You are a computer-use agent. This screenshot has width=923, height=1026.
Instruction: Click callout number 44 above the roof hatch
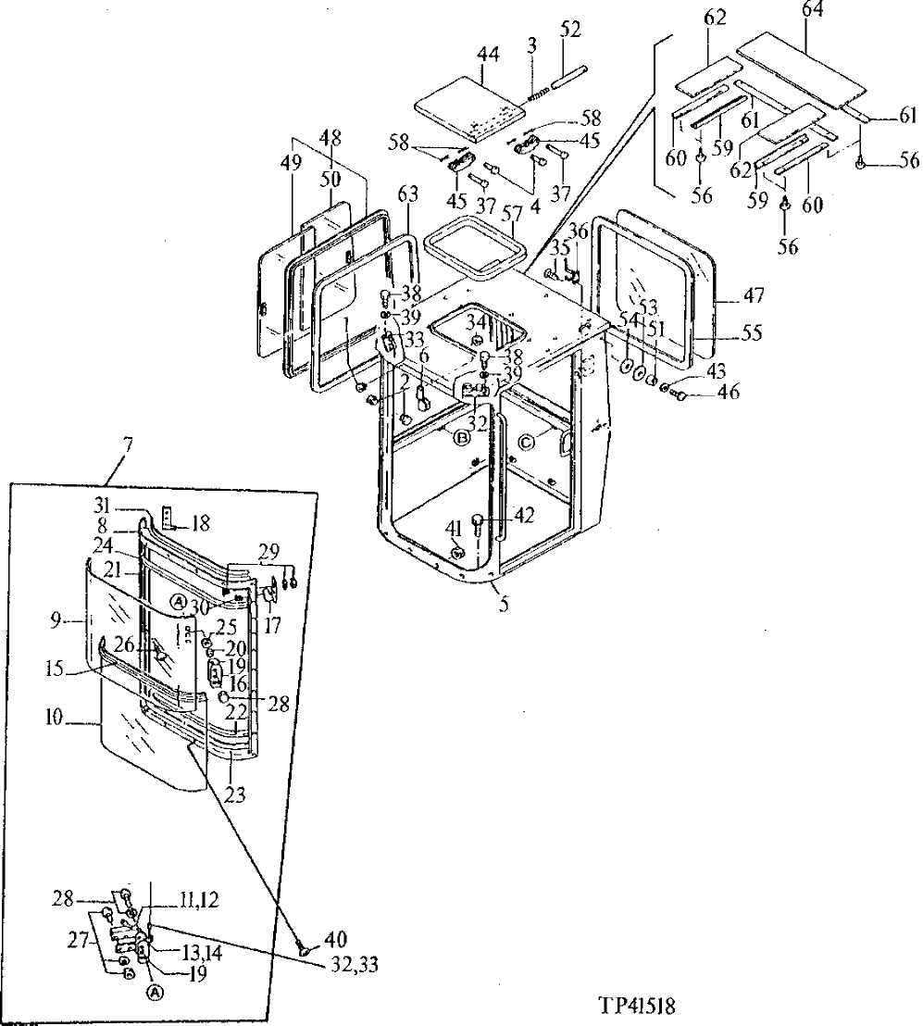point(488,56)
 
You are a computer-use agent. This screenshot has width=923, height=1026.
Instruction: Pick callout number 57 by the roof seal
point(508,214)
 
